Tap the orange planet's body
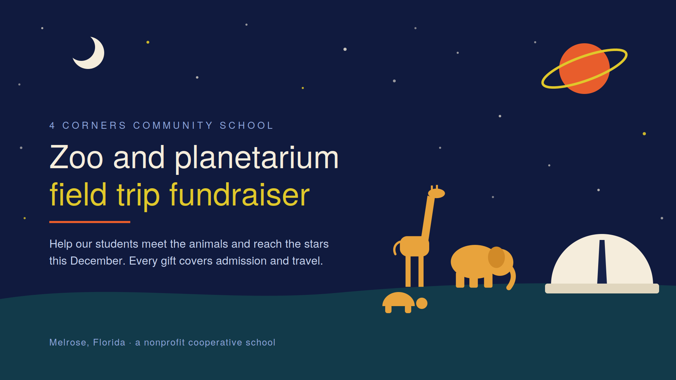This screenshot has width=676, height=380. (584, 69)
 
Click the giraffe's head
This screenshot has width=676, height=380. (437, 193)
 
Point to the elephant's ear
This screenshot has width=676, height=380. (496, 257)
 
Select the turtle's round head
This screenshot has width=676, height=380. (422, 303)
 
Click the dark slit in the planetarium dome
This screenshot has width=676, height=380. (602, 262)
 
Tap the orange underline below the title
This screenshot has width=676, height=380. (90, 222)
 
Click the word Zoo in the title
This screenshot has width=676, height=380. (76, 158)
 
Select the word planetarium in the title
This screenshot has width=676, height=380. (257, 158)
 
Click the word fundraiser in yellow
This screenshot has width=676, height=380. (239, 195)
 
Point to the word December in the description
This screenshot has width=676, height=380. (98, 261)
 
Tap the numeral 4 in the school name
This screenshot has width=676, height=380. (52, 126)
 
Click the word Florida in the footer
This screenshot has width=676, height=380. (109, 342)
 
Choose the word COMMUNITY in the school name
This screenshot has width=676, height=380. (173, 126)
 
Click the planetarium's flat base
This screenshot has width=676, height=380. (602, 289)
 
